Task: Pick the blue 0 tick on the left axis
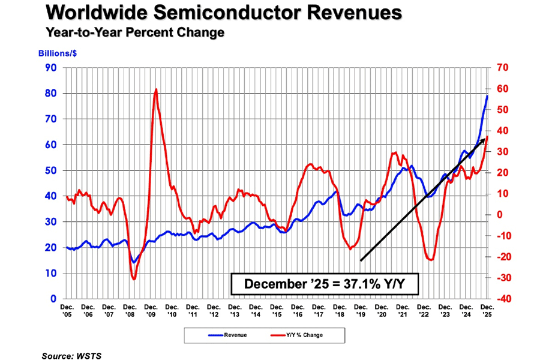point(53,299)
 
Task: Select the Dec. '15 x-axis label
point(276,310)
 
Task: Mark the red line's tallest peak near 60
point(156,89)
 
